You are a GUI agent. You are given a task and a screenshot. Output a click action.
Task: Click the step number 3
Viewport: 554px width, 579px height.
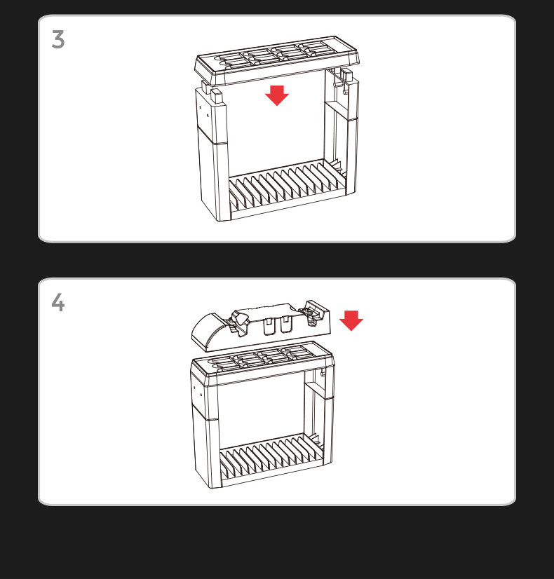point(58,39)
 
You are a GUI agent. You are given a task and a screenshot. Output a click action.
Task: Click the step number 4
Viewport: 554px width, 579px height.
point(58,302)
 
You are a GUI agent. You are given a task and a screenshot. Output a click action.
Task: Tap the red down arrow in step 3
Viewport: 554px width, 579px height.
point(277,95)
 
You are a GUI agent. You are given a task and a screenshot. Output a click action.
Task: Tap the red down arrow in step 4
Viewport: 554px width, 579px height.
point(351,320)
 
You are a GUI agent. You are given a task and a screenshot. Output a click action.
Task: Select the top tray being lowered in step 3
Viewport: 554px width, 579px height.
point(277,61)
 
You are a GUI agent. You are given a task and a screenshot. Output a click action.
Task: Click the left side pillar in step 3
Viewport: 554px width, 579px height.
point(213,155)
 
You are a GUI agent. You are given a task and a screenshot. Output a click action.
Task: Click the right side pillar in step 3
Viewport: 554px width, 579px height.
point(342,129)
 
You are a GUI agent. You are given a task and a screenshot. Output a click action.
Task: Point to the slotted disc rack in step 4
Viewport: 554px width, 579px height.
point(271,460)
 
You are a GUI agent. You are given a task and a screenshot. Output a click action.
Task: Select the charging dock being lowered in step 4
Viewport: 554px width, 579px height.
point(262,325)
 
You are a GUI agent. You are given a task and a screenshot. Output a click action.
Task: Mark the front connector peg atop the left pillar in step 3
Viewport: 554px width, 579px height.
point(217,97)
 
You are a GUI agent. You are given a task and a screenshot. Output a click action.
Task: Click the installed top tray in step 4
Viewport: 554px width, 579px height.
point(263,364)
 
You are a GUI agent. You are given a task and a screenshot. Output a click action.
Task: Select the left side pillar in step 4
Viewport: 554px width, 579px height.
point(205,432)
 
